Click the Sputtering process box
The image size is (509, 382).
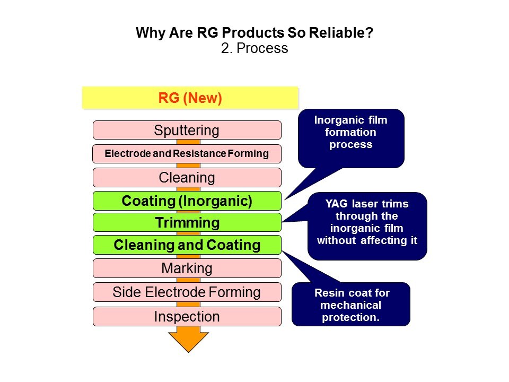pos(187,130)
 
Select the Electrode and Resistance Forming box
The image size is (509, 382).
pos(187,154)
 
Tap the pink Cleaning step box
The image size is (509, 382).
pos(187,177)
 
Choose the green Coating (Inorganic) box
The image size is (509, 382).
pos(187,201)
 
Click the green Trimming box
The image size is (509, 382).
pos(187,222)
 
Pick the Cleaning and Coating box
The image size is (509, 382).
pos(187,245)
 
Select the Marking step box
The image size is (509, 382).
pos(187,268)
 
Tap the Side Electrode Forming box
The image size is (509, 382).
pos(187,292)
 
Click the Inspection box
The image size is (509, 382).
pos(187,316)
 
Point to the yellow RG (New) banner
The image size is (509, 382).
pos(190,98)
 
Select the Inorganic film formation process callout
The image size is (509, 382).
pos(351,138)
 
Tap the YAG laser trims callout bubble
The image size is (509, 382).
pos(367,226)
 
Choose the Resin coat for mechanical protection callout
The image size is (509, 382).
pos(351,304)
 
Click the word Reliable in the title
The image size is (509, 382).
pos(341,32)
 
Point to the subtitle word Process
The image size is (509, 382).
pos(262,48)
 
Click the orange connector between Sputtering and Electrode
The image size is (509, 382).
pos(188,142)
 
